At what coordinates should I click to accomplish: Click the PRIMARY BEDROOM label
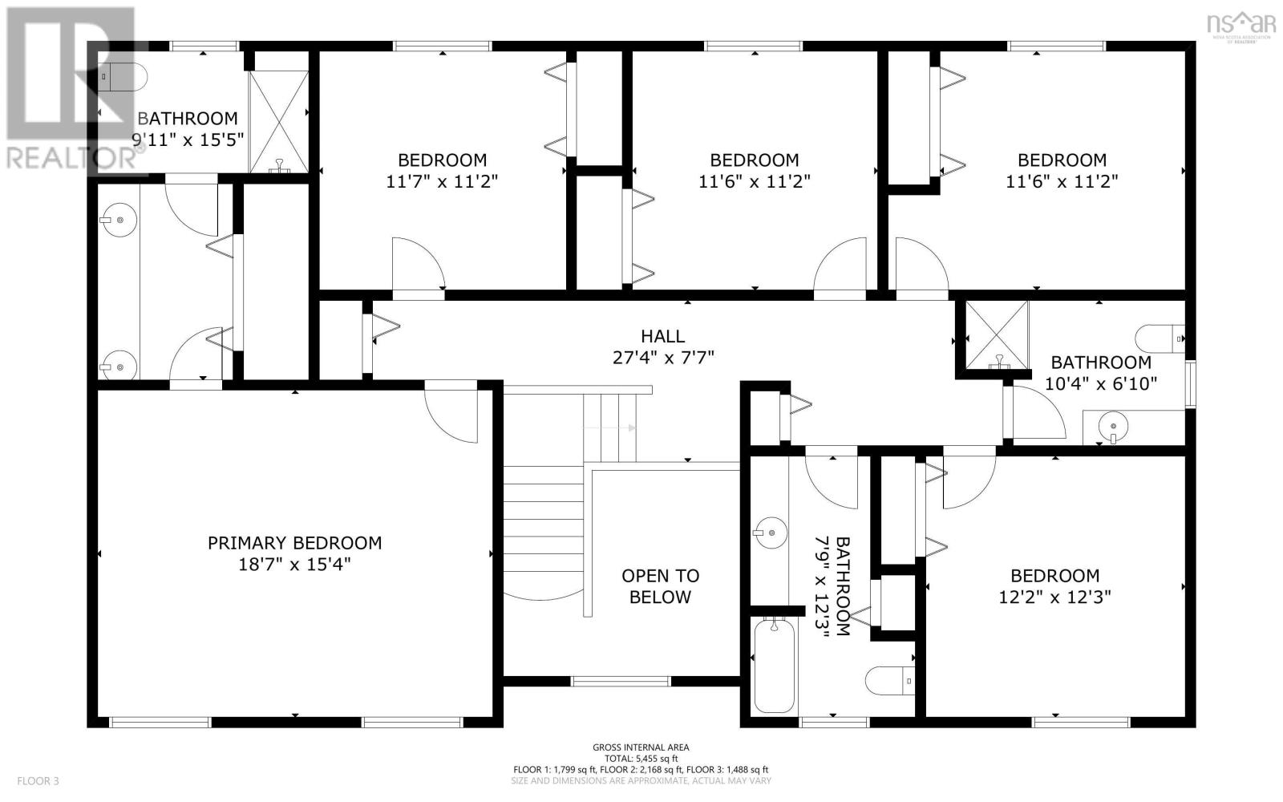pyautogui.click(x=294, y=543)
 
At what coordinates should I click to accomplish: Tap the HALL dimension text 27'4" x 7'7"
pyautogui.click(x=662, y=358)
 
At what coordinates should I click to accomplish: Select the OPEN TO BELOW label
pyautogui.click(x=660, y=586)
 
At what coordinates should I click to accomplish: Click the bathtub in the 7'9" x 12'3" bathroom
pyautogui.click(x=774, y=664)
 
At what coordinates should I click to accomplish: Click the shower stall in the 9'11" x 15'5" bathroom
pyautogui.click(x=278, y=121)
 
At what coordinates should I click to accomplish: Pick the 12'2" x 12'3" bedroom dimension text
pyautogui.click(x=1054, y=597)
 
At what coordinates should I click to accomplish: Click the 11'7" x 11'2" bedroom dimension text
pyautogui.click(x=442, y=182)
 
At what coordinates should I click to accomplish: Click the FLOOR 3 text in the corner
pyautogui.click(x=38, y=780)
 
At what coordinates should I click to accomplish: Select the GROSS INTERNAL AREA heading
pyautogui.click(x=641, y=747)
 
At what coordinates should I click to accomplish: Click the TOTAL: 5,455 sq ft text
pyautogui.click(x=641, y=759)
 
